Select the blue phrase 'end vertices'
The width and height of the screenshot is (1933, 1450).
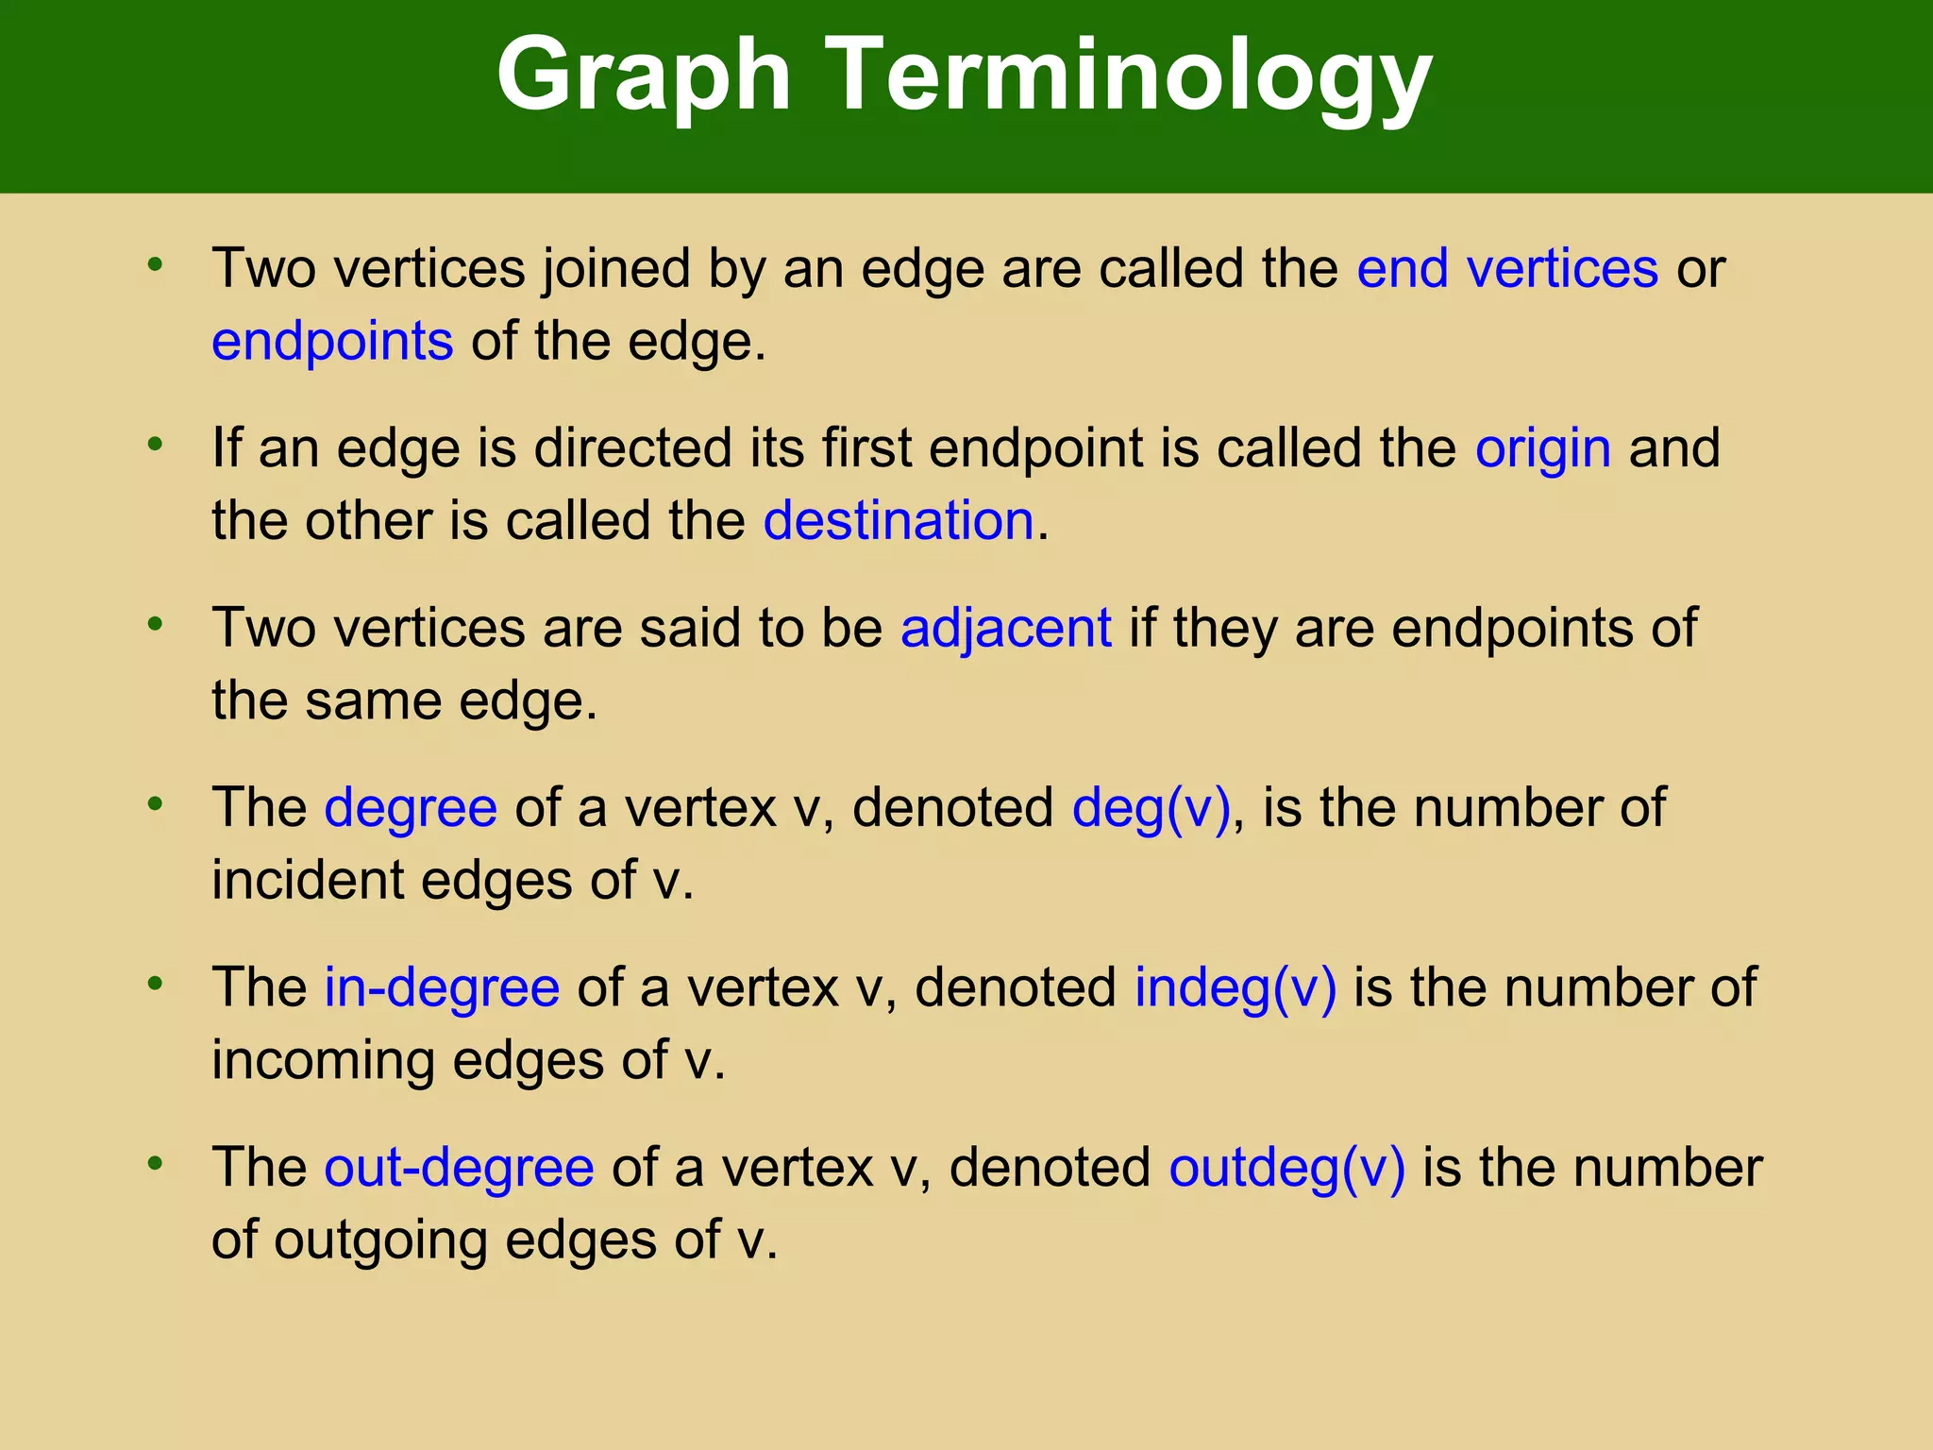point(1507,268)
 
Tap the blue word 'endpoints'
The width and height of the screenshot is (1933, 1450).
point(332,341)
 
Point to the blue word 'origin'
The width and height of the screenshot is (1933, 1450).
point(1543,447)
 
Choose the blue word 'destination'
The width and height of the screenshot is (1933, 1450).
point(899,520)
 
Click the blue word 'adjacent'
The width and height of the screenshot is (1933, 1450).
point(1006,628)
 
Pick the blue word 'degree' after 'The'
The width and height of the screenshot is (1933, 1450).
point(411,808)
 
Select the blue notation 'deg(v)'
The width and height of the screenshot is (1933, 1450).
point(1151,808)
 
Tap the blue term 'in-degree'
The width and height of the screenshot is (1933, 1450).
point(442,987)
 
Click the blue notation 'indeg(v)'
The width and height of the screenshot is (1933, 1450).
point(1235,987)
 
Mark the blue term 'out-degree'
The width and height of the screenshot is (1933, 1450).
point(459,1167)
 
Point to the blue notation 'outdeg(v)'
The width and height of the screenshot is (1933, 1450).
point(1287,1167)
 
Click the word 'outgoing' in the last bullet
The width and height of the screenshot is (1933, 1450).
point(380,1240)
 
